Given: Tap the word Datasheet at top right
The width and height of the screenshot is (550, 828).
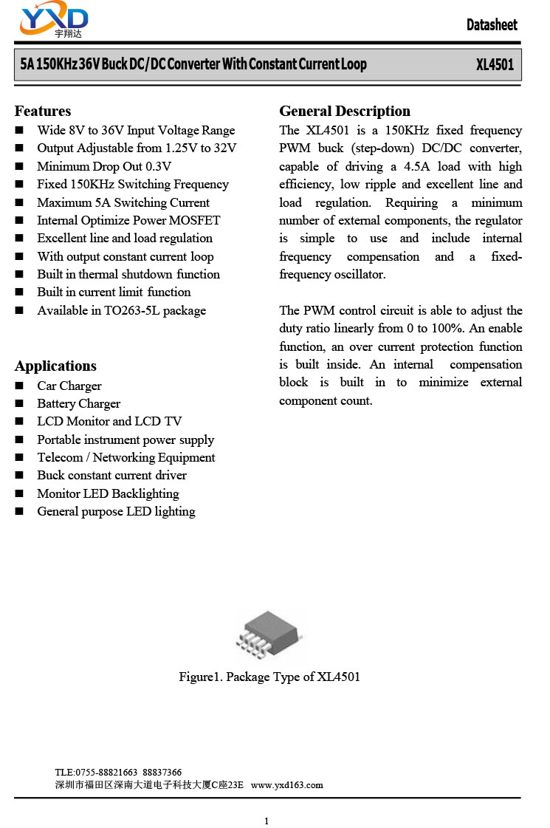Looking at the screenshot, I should (x=492, y=25).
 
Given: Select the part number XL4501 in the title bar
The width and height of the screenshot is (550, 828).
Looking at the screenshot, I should (x=495, y=65).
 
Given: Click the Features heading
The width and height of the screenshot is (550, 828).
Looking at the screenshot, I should (x=43, y=112).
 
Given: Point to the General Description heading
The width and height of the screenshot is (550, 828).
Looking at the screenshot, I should (x=345, y=112).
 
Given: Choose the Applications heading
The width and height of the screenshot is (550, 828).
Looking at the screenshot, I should (x=55, y=366).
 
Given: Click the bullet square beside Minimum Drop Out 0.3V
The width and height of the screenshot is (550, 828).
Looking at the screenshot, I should (x=20, y=167).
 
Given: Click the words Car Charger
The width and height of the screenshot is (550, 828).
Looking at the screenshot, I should (x=69, y=386).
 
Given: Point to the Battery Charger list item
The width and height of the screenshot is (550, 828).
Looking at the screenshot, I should (x=78, y=403).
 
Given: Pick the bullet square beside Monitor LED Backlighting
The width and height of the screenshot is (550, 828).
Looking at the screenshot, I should (x=20, y=494).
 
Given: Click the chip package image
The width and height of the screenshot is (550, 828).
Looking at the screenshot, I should (x=269, y=634).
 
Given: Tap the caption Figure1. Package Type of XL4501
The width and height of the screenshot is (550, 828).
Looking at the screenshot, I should (x=269, y=677).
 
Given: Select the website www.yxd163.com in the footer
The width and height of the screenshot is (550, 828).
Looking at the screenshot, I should (x=287, y=785).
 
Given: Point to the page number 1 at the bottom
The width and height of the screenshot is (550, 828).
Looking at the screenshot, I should (x=267, y=821).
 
